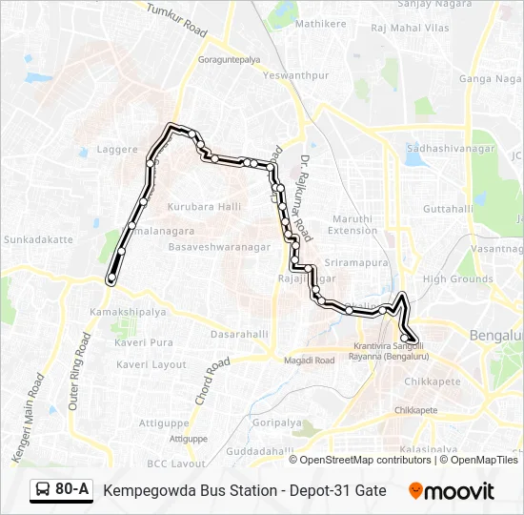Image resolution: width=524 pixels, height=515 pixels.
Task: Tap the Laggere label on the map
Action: (x=118, y=150)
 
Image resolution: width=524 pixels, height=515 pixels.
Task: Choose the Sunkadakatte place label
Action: (x=38, y=239)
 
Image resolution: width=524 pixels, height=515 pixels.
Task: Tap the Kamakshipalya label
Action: (x=128, y=312)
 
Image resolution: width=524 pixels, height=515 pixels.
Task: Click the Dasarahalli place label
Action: (x=239, y=335)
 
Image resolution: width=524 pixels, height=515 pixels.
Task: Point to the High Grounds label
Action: (x=456, y=278)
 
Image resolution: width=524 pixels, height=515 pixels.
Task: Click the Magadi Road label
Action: (x=310, y=360)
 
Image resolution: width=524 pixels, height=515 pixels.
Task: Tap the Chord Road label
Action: (x=212, y=381)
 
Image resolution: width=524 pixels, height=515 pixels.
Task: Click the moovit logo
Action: (x=452, y=490)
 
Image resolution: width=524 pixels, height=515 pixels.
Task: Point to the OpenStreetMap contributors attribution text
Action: (x=366, y=460)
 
